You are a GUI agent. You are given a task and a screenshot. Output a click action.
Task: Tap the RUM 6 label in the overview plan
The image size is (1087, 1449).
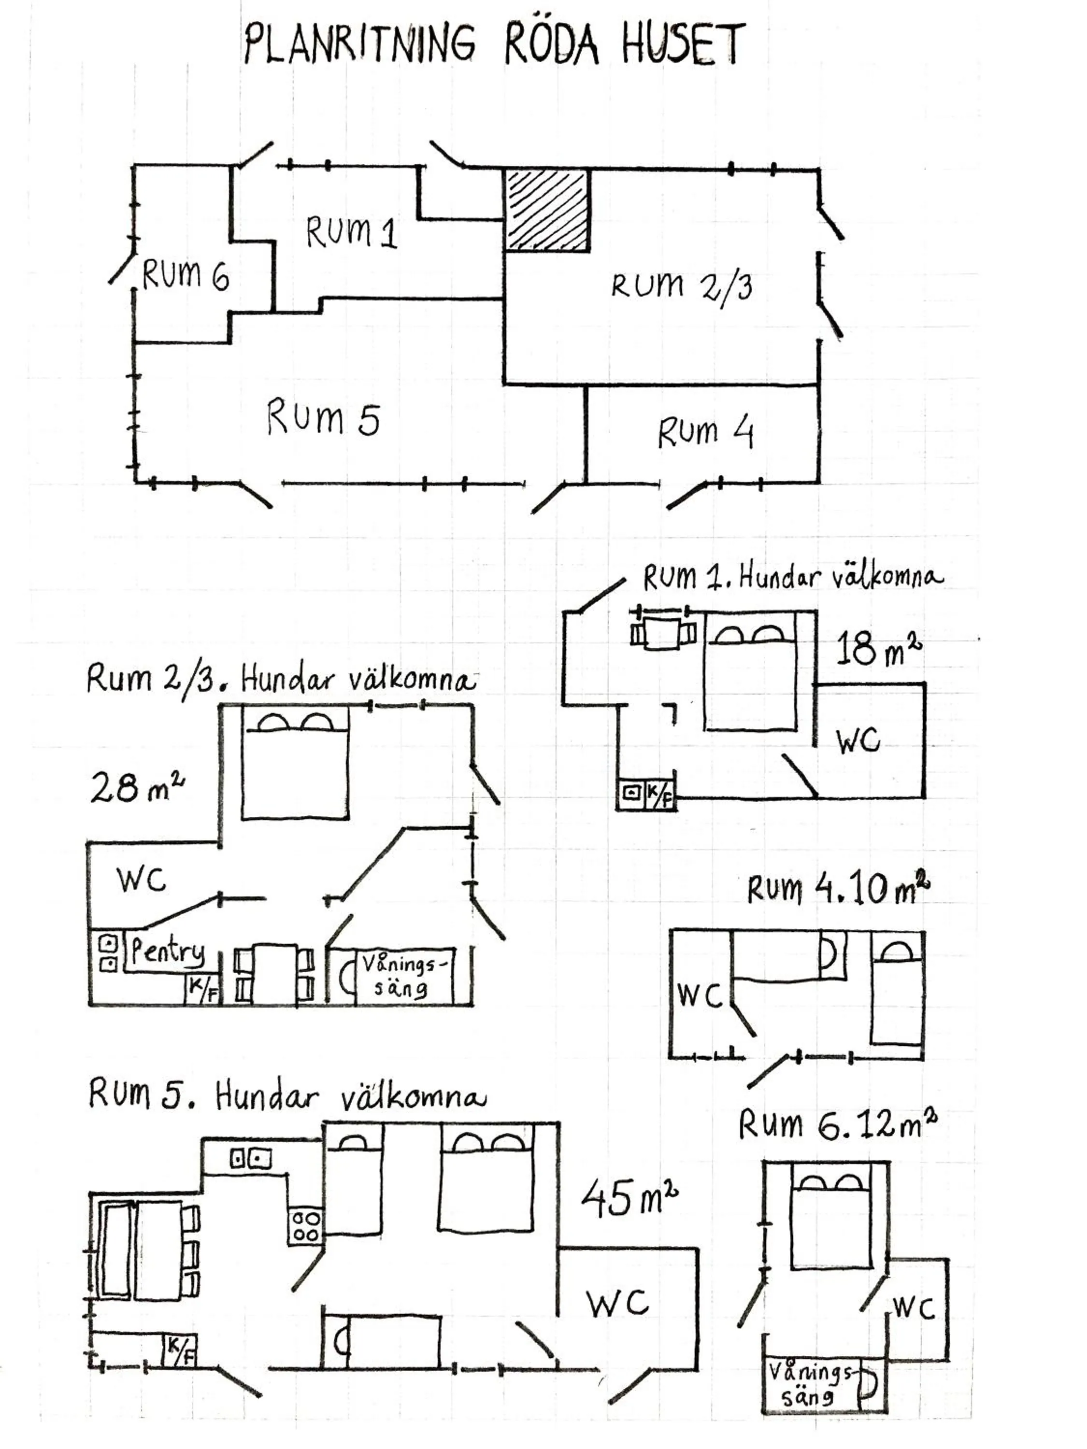(x=186, y=275)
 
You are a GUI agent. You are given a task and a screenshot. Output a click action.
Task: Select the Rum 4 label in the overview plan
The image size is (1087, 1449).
(x=706, y=432)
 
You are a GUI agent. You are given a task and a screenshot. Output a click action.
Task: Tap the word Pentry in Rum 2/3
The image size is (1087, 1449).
(x=168, y=951)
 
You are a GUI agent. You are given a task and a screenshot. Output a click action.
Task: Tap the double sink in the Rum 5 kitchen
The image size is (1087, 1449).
(x=250, y=1159)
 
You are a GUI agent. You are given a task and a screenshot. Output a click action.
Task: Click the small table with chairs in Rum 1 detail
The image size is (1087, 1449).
(x=662, y=633)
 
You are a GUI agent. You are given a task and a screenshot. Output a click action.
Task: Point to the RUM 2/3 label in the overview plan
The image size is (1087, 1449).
(x=681, y=286)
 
